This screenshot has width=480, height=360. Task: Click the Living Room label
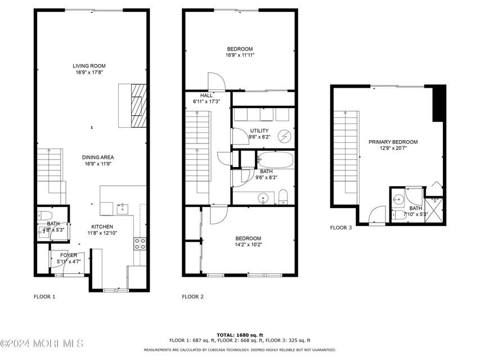coord(89,66)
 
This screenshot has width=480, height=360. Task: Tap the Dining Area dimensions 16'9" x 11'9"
coord(98,164)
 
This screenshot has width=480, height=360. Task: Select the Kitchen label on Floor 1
coord(102,227)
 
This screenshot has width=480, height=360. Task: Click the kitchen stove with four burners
coord(140,244)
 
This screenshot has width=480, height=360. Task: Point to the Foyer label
coord(69,255)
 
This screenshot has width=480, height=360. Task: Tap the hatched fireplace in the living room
coord(138,106)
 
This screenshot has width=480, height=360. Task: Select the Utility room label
coord(259,130)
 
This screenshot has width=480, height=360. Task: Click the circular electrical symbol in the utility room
coord(284,136)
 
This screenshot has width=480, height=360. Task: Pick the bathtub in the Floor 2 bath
coord(276,160)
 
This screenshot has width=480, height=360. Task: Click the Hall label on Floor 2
coord(207,96)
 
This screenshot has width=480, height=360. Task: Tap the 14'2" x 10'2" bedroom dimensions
coord(248,245)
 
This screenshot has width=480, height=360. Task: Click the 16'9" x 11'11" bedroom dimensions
coord(240,55)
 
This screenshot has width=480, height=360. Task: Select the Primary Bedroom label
coord(393,142)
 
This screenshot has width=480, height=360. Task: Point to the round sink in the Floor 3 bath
coord(398,200)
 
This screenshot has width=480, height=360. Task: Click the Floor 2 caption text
coord(192,296)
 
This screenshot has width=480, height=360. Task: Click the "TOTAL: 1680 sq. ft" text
coord(240,335)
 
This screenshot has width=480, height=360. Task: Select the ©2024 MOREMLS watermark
coord(42,344)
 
